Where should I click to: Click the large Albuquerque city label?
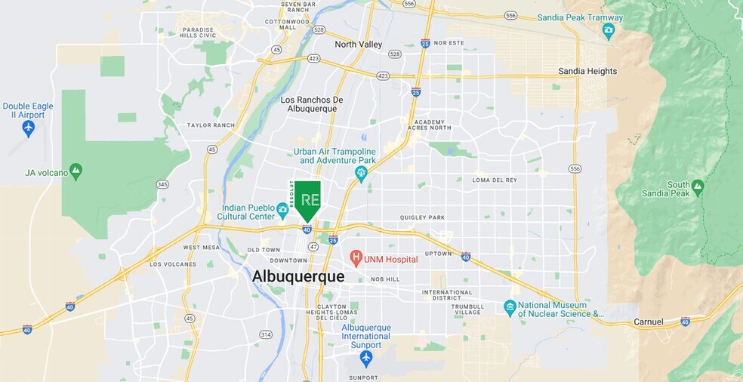(298, 277)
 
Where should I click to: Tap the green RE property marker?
(307, 200)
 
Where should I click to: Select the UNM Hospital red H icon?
(356, 259)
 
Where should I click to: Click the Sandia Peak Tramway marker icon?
(609, 30)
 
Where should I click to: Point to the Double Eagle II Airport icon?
(29, 128)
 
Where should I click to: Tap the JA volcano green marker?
(76, 171)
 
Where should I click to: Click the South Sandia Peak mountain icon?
(697, 186)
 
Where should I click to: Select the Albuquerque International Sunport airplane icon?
(366, 356)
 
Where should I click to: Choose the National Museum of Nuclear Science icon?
(510, 308)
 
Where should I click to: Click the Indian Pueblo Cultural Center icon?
(282, 208)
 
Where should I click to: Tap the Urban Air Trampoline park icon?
(361, 174)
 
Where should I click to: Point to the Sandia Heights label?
(587, 71)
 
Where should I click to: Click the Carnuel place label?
(647, 322)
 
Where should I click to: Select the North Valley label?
(359, 45)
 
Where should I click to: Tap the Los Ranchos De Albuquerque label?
(312, 104)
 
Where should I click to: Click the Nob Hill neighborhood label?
(384, 279)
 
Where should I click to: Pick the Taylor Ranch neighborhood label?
(211, 125)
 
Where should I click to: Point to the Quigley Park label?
(422, 217)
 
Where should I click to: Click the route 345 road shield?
(162, 184)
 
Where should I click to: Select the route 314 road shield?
(265, 334)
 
